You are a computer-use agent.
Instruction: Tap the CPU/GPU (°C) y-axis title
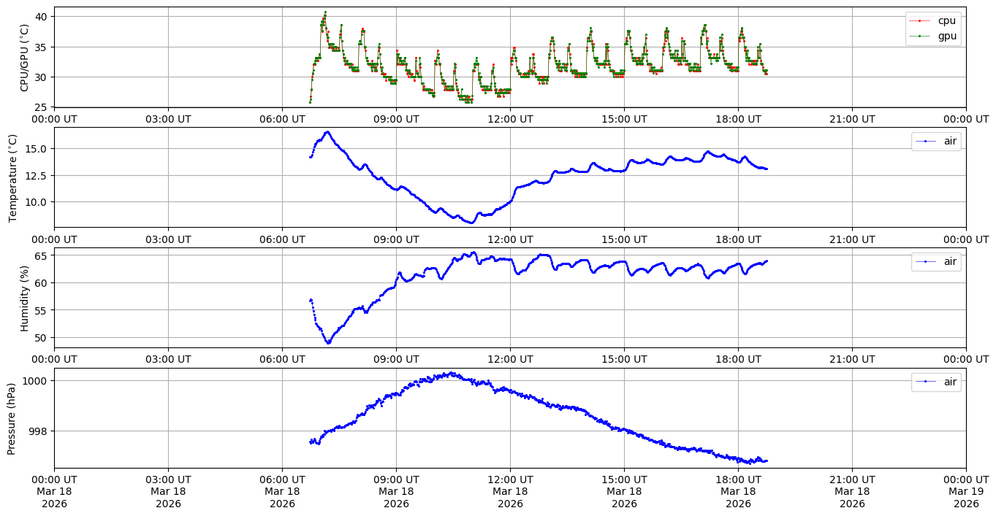click(x=25, y=58)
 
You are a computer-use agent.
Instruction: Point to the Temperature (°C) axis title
click(x=13, y=177)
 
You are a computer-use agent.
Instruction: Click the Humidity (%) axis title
click(x=25, y=298)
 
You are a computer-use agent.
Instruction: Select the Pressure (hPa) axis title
click(x=13, y=418)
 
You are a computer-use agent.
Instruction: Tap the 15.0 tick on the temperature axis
click(x=37, y=148)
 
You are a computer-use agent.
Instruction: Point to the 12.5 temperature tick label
click(x=37, y=175)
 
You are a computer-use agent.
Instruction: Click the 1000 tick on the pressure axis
click(x=35, y=381)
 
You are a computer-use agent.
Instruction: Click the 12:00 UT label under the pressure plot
click(x=510, y=480)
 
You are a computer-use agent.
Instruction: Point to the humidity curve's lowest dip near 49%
click(x=328, y=342)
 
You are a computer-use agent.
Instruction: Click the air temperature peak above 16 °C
click(x=327, y=132)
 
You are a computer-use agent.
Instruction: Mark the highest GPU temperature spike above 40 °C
click(x=325, y=12)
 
